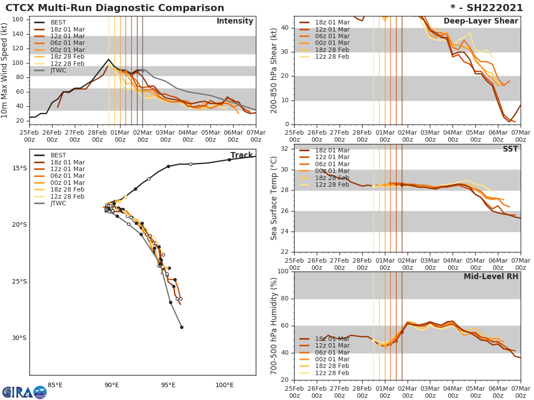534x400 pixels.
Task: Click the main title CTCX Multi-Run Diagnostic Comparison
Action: [x=115, y=8]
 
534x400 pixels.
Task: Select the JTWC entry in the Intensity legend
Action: [x=58, y=71]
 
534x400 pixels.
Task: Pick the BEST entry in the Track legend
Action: [x=58, y=156]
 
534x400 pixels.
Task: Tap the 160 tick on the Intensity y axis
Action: [x=19, y=20]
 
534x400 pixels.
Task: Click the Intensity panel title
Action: [x=235, y=21]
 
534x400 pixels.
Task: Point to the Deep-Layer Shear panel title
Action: [x=481, y=21]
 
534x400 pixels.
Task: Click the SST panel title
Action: [x=510, y=149]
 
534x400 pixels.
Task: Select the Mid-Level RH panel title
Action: [x=491, y=276]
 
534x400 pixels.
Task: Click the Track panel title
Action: [x=242, y=156]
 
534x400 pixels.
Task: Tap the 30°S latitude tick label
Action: [x=20, y=338]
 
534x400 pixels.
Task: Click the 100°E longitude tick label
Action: [x=224, y=385]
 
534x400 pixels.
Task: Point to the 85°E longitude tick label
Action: [x=55, y=385]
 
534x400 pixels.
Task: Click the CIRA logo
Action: [x=24, y=392]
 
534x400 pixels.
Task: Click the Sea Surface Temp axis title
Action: [x=274, y=198]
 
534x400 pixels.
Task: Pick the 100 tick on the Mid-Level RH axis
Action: [x=283, y=272]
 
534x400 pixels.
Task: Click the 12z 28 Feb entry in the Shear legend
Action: [x=332, y=57]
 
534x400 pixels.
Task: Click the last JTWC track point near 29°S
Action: [x=182, y=327]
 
